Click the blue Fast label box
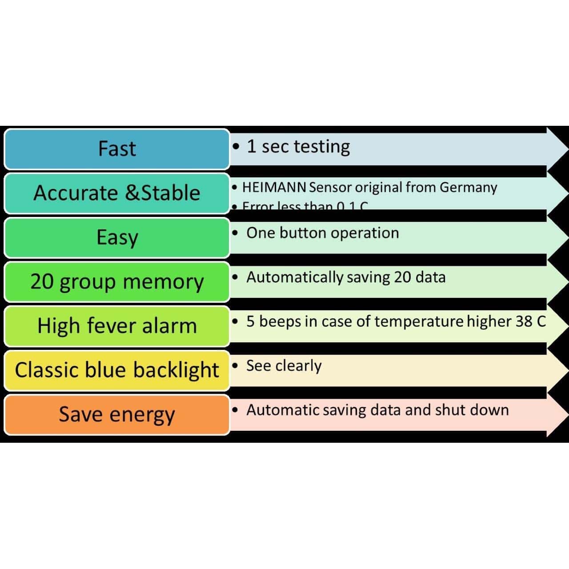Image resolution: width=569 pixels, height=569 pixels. [117, 149]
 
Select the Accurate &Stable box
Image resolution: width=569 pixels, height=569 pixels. [117, 193]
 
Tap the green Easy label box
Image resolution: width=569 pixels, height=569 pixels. [117, 237]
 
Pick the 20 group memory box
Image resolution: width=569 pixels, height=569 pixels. [117, 282]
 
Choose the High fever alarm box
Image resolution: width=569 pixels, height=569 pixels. [117, 326]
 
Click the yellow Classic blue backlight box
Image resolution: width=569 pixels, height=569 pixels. [117, 370]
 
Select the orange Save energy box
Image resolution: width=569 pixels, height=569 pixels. [117, 414]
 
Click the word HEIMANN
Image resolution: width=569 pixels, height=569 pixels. [274, 188]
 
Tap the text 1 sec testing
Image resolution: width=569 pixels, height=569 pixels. [298, 147]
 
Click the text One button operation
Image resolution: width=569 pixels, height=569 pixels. [322, 233]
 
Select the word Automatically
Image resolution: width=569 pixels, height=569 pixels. [295, 277]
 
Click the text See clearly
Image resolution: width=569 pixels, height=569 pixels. [284, 366]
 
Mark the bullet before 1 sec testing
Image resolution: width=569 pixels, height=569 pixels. [237, 147]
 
